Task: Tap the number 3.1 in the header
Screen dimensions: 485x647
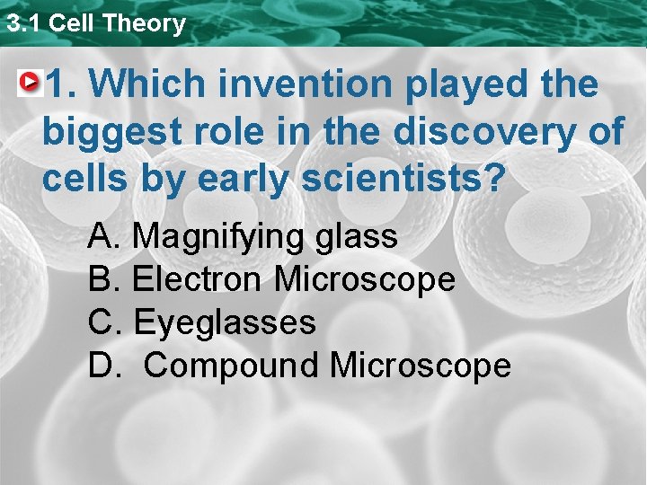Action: (23, 23)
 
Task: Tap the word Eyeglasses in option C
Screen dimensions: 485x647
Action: (225, 322)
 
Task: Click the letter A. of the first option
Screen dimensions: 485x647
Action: (104, 237)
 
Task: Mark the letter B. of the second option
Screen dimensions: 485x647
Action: (104, 279)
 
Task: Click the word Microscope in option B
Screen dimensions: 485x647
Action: (365, 279)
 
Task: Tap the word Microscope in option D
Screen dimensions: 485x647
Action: (421, 366)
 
